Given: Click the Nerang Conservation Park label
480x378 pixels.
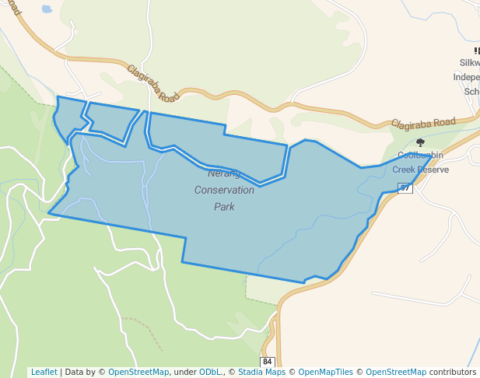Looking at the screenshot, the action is (x=224, y=190).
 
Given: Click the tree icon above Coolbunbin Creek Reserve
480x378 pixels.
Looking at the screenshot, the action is (x=421, y=142).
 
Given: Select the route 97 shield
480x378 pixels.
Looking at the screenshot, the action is (x=405, y=188).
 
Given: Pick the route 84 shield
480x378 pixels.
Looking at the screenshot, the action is (x=268, y=362).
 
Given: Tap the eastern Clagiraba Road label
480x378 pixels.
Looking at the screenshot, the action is (x=423, y=123).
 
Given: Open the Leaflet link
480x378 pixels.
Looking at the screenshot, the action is (x=44, y=373).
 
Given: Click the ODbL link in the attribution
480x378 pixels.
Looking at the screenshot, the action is (x=210, y=373).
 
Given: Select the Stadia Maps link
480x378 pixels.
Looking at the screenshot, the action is (x=262, y=373).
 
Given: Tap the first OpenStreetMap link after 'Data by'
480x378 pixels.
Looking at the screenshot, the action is (x=138, y=373).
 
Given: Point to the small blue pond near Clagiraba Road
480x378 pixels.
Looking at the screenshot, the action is (x=46, y=10).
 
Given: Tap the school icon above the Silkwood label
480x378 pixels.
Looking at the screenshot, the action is (x=476, y=51).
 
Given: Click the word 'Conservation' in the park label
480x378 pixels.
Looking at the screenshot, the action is (x=224, y=190).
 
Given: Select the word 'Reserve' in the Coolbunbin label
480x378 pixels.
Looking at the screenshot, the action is (x=433, y=170).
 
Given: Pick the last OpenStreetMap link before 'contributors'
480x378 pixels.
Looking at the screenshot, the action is (x=395, y=373).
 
